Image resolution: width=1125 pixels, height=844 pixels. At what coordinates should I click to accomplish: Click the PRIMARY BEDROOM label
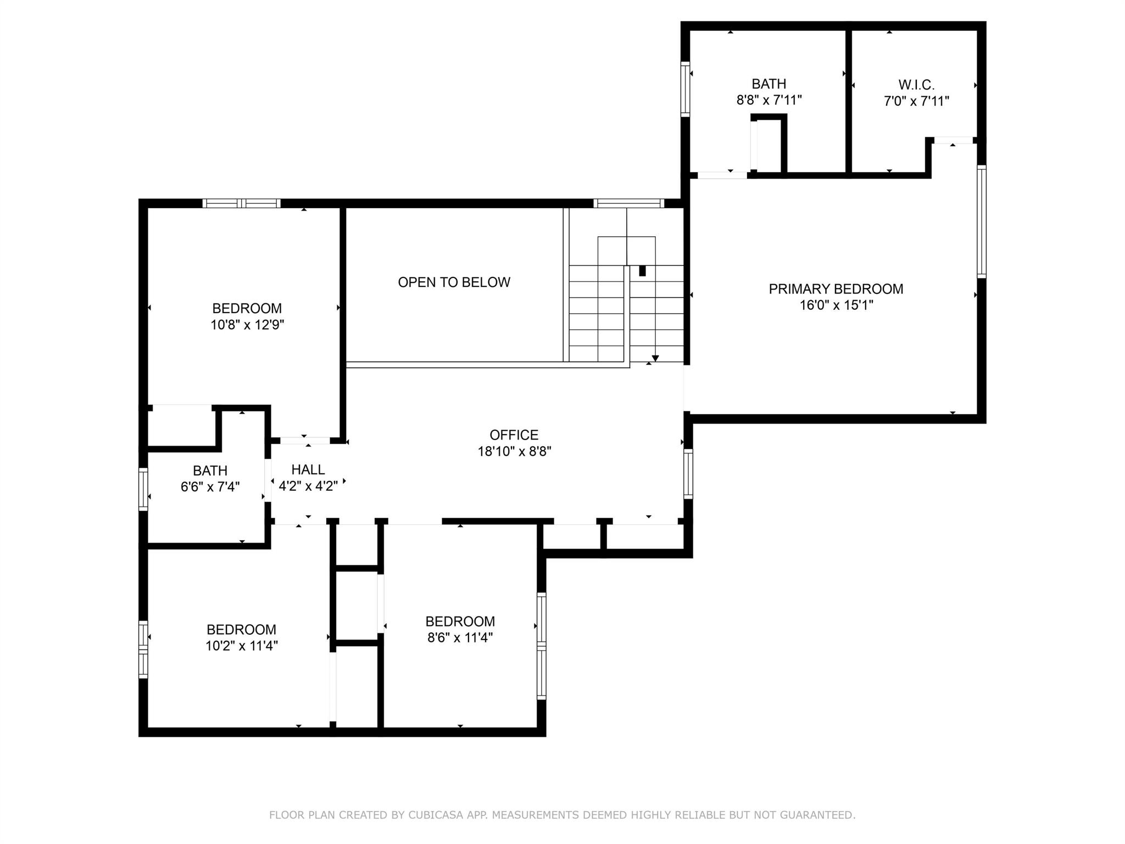point(836,289)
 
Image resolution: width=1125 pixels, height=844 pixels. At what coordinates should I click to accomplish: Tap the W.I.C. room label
point(916,85)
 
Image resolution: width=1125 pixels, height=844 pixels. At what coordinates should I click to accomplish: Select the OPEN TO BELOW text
point(454,282)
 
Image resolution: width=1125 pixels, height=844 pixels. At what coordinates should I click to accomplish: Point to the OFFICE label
point(514,435)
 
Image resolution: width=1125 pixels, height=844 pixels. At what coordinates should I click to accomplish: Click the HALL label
point(308,470)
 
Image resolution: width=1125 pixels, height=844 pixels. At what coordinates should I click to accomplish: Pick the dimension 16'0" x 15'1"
point(836,305)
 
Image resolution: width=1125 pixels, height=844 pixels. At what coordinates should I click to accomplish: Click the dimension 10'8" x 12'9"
point(247,325)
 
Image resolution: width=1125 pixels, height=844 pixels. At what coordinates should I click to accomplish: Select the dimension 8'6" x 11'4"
point(460,638)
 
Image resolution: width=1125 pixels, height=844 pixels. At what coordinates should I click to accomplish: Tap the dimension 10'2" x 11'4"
point(242,646)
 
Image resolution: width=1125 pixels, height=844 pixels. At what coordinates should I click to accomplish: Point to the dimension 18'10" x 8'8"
point(514,452)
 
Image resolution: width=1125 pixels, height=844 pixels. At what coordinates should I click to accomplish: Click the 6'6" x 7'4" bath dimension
point(210,487)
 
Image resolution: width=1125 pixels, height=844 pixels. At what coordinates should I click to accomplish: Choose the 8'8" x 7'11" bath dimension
point(769,100)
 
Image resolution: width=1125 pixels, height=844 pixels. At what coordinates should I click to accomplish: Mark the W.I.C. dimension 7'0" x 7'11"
point(916,101)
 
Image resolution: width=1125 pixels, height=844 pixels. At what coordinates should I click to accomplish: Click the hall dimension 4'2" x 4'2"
point(308,486)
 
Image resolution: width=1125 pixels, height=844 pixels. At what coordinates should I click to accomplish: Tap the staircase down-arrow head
point(655,358)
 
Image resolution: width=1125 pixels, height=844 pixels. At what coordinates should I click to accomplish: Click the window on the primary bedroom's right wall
point(982,221)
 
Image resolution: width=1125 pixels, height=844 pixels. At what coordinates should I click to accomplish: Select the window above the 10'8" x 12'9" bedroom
point(242,203)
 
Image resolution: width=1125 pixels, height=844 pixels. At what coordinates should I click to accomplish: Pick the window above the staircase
point(629,203)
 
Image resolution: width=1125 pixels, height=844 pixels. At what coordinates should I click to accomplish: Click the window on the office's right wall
point(688,474)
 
